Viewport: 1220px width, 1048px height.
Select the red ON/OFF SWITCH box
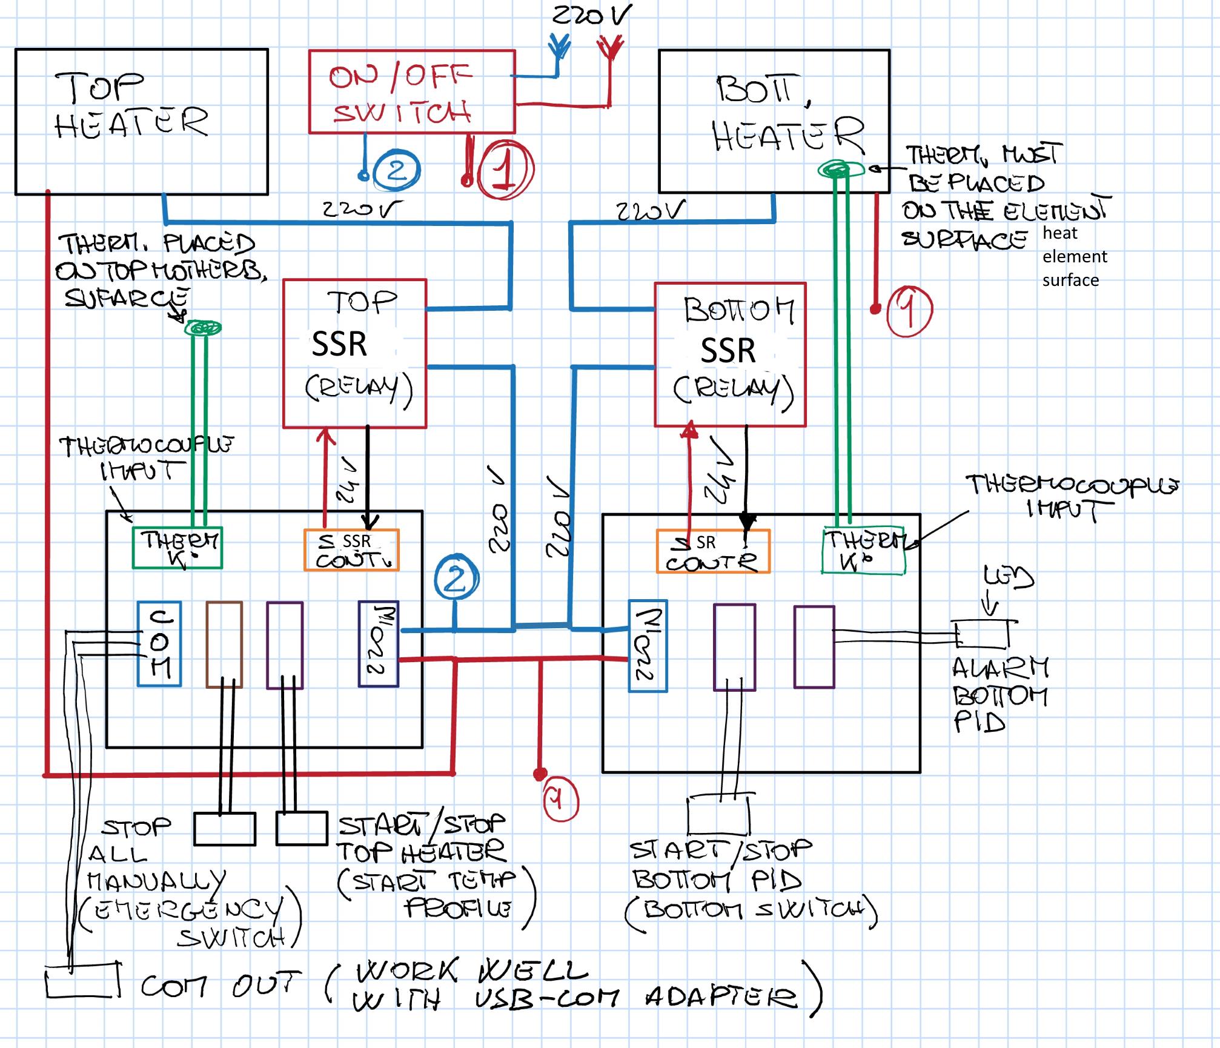click(x=411, y=91)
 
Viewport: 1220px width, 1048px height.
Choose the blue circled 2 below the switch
click(x=396, y=171)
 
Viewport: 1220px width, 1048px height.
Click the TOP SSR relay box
click(x=355, y=354)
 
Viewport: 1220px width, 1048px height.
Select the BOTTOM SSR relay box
click(x=730, y=354)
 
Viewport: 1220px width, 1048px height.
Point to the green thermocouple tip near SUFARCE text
click(x=202, y=328)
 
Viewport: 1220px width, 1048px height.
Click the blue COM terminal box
click(x=159, y=643)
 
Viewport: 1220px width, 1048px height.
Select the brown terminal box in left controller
click(x=224, y=645)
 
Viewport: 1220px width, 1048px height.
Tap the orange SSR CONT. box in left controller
click(x=351, y=550)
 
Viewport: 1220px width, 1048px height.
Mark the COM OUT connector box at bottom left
click(x=82, y=980)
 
